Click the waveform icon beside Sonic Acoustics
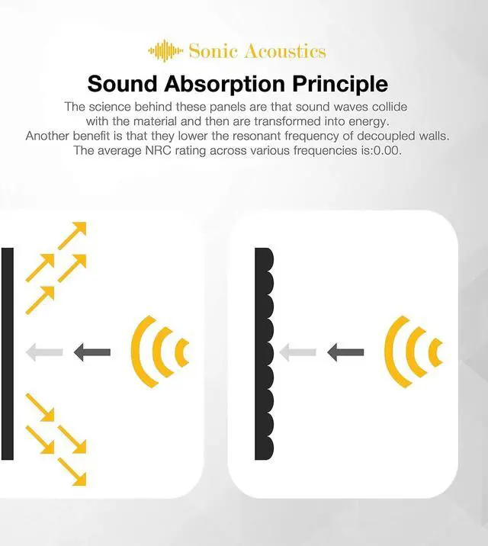pyautogui.click(x=165, y=51)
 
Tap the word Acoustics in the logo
pyautogui.click(x=284, y=51)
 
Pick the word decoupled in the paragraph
pyautogui.click(x=401, y=136)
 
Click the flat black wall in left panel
pyautogui.click(x=7, y=354)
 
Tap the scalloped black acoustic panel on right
pyautogui.click(x=264, y=354)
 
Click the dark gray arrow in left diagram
pyautogui.click(x=91, y=352)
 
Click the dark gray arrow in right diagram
pyautogui.click(x=345, y=352)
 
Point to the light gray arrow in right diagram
pyautogui.click(x=297, y=352)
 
